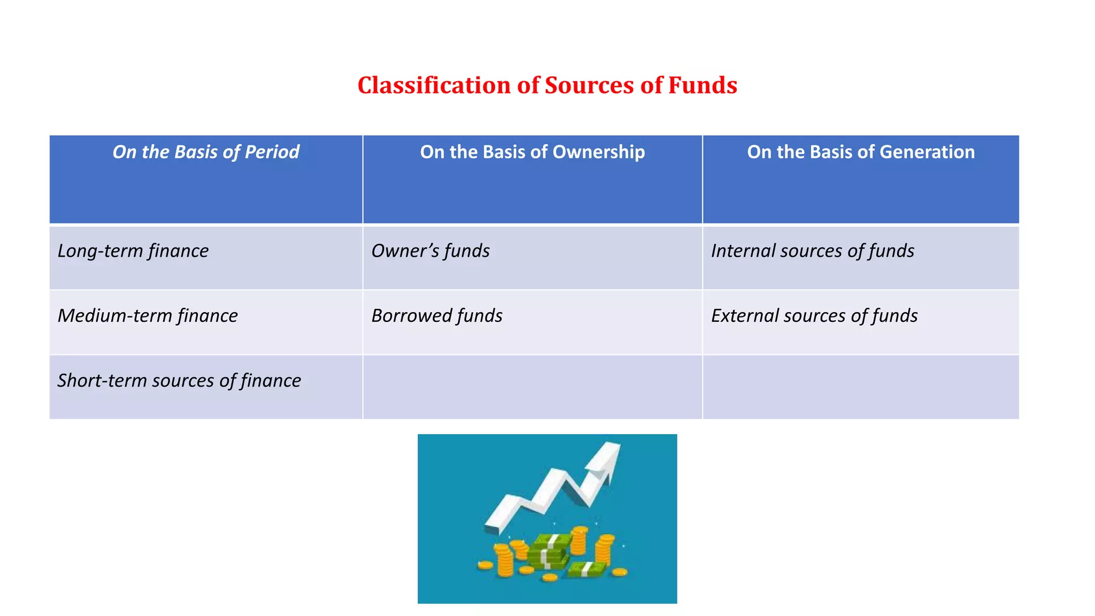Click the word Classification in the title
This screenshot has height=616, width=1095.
pos(434,86)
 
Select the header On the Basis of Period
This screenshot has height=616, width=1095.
pos(206,152)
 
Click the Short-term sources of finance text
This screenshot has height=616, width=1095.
pos(179,381)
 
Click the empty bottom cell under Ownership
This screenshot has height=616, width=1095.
pos(532,387)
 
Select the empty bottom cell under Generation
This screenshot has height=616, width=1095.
pos(860,387)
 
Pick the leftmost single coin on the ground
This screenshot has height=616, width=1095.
pos(485,565)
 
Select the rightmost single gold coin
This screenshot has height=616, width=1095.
pos(619,572)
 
